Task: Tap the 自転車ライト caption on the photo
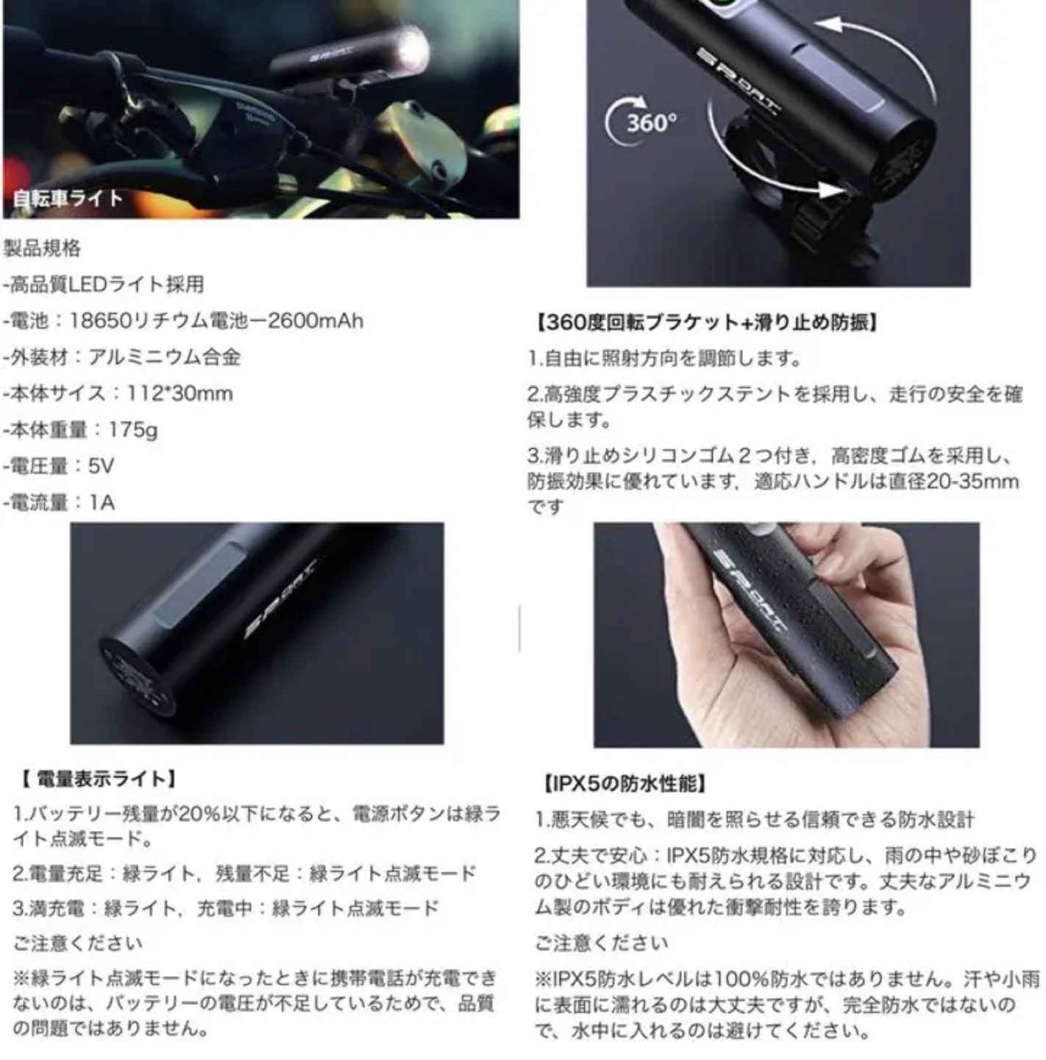(x=67, y=199)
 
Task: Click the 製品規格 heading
(x=42, y=248)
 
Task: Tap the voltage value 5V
(x=102, y=466)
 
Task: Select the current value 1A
(x=102, y=502)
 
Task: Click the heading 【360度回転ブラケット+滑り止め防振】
(x=705, y=322)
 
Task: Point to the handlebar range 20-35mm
(x=972, y=482)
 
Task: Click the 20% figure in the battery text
(x=199, y=814)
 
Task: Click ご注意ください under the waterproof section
(x=602, y=944)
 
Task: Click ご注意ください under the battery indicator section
(x=77, y=944)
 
